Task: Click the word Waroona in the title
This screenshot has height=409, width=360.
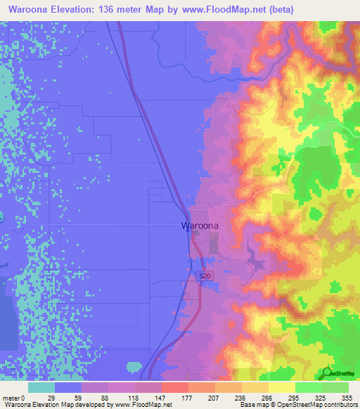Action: (33, 9)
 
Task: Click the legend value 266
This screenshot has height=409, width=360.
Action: (268, 398)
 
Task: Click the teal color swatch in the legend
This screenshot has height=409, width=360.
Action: (41, 387)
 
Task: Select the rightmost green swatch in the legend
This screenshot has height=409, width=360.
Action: (335, 387)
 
